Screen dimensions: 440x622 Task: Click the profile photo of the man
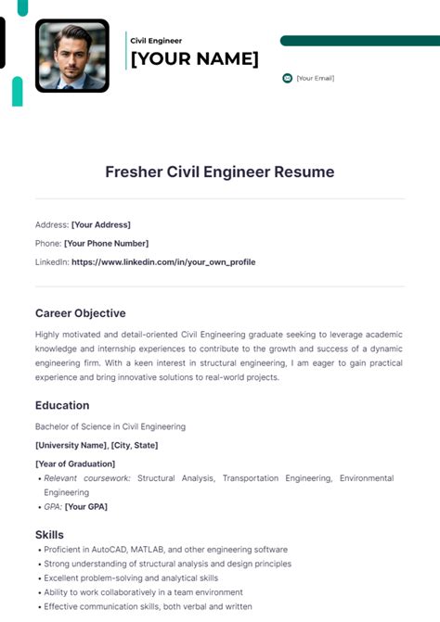click(x=71, y=56)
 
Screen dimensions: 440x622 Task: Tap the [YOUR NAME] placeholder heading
click(x=194, y=59)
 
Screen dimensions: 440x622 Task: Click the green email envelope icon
click(x=287, y=78)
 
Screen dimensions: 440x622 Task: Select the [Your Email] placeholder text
click(x=315, y=78)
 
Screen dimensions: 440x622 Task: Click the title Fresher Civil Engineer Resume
click(x=219, y=171)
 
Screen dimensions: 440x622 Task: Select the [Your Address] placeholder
click(x=101, y=224)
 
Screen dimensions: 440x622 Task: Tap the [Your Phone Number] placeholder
click(x=106, y=243)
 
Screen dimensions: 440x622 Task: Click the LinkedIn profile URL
click(x=163, y=262)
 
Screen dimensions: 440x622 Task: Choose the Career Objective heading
click(x=81, y=313)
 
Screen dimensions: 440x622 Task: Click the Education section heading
click(x=62, y=405)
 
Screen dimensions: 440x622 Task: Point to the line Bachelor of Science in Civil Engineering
click(x=110, y=426)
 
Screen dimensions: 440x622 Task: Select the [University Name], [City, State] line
click(x=97, y=445)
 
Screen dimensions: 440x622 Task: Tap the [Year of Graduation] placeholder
click(x=75, y=463)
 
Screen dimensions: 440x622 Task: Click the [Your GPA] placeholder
click(x=86, y=507)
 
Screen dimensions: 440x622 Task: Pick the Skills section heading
click(x=49, y=535)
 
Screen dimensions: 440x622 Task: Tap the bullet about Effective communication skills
click(x=148, y=606)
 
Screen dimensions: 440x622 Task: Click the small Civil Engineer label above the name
click(x=156, y=41)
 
